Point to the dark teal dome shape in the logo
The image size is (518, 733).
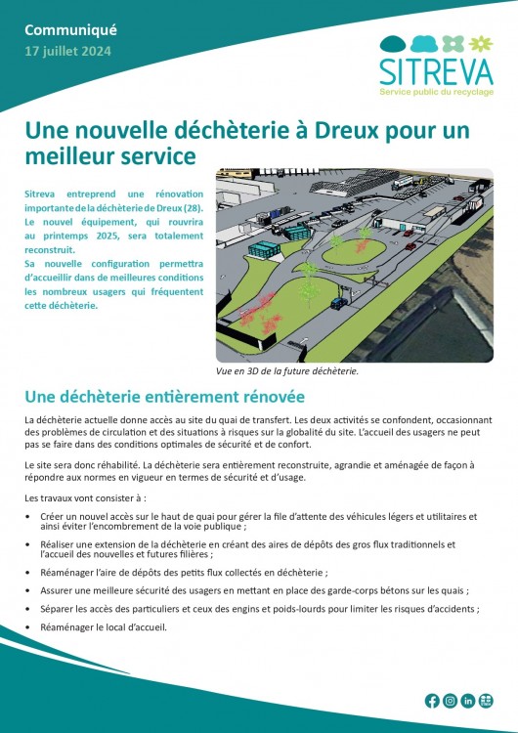(392, 43)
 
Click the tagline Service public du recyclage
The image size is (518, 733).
(436, 91)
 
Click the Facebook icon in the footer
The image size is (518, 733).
(432, 701)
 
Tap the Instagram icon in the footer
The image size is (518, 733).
(450, 701)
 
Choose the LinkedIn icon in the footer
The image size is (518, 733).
(468, 701)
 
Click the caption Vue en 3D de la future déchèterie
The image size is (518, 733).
(287, 371)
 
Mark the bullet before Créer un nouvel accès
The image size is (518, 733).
(30, 516)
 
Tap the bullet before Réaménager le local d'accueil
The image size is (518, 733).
(30, 627)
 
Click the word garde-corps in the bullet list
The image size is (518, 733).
(367, 590)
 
